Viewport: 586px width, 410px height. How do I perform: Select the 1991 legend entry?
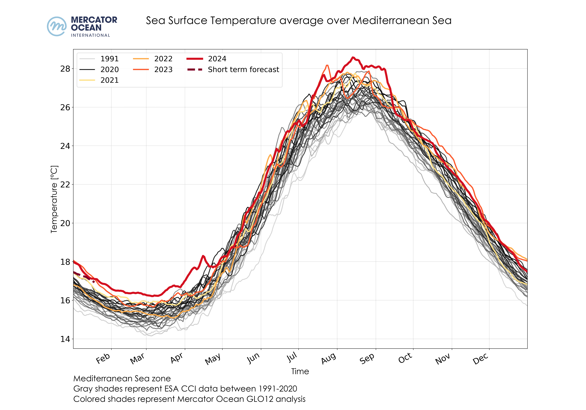point(109,59)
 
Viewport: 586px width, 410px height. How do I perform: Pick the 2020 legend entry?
point(109,70)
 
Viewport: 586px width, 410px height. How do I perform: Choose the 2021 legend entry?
point(109,80)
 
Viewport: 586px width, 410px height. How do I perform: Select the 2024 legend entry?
point(217,59)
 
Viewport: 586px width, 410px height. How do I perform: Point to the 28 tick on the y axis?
point(65,69)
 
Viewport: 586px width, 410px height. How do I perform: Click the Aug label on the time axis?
point(329,358)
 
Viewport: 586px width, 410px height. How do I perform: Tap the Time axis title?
point(300,371)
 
